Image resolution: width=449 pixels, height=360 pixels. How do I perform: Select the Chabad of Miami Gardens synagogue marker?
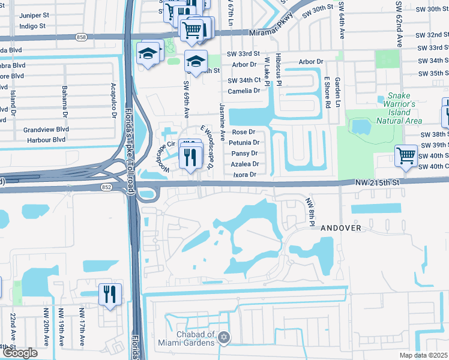[x=224, y=337]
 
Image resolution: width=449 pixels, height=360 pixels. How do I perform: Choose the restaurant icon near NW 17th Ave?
[x=110, y=294]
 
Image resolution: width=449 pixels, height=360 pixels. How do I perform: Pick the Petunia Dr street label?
[x=244, y=143]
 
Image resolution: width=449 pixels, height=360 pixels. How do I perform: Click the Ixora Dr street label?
[x=244, y=175]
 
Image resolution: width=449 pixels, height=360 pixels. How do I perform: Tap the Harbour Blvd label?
[x=46, y=140]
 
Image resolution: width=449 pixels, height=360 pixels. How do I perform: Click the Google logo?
[x=20, y=353]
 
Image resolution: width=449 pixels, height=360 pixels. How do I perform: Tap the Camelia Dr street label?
[x=244, y=91]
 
